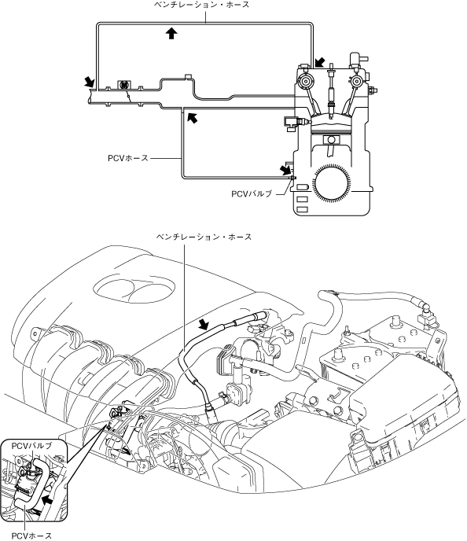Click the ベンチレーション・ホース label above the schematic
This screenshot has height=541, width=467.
202,5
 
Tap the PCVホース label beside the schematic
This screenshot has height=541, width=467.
128,158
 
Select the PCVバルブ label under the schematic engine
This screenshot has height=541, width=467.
252,194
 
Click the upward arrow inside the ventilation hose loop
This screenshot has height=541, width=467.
171,34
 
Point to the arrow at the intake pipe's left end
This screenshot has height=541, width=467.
90,82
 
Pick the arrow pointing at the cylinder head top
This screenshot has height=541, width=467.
319,63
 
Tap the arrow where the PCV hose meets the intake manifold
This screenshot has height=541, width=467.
193,117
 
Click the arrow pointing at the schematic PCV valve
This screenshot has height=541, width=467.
285,169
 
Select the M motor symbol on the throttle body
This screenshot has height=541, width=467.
123,85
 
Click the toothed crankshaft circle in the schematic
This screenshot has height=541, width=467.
332,183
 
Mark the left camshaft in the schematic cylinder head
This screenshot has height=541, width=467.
305,82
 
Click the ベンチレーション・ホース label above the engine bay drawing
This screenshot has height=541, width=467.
204,237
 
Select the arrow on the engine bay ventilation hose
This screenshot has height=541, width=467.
205,325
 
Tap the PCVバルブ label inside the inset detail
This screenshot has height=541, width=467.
31,446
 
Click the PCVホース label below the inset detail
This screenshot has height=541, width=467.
31,535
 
